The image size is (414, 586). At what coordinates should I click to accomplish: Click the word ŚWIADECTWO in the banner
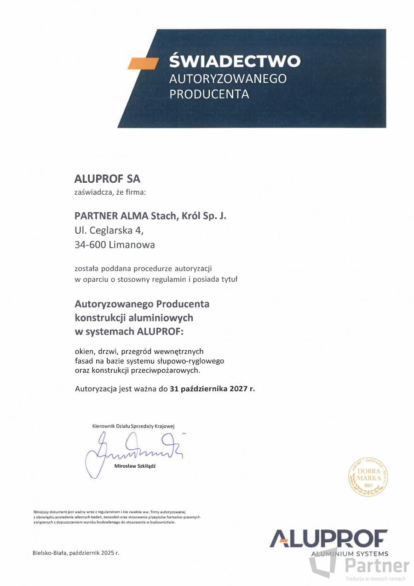pyautogui.click(x=235, y=61)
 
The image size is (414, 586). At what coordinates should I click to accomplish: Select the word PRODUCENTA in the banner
pyautogui.click(x=209, y=94)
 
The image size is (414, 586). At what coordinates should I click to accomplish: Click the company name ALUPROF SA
pyautogui.click(x=107, y=179)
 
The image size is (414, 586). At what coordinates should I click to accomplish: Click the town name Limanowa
pyautogui.click(x=132, y=245)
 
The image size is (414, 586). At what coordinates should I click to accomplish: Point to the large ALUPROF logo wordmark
pyautogui.click(x=328, y=539)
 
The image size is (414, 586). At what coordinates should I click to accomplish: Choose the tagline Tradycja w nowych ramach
pyautogui.click(x=375, y=579)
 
